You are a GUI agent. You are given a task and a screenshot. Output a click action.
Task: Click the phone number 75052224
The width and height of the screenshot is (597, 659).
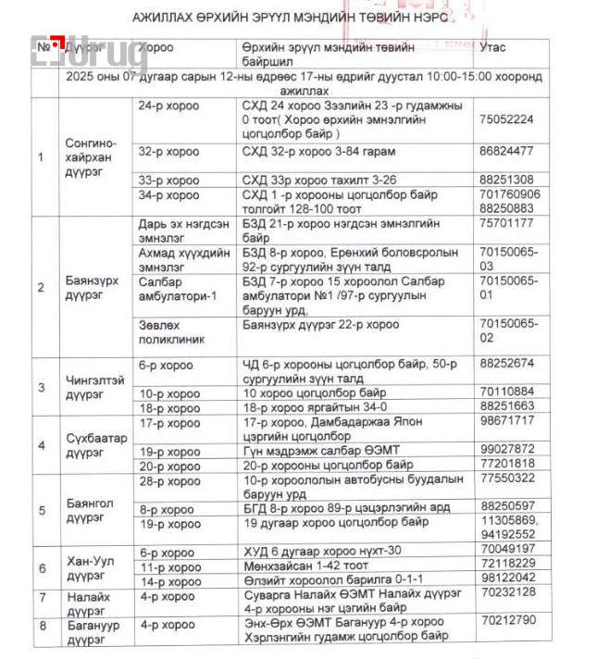coord(506,119)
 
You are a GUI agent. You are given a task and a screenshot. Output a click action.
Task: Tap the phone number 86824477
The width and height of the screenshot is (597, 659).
coord(506,150)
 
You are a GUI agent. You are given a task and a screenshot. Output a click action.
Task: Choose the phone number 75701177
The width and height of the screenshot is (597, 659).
coord(506,223)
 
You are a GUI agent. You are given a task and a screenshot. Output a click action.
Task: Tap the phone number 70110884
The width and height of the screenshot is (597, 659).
coord(506,392)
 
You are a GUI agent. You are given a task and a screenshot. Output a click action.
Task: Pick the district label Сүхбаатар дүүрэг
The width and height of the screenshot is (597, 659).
coord(96,445)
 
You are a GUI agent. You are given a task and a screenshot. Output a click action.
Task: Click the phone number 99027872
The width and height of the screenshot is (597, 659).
coord(506,450)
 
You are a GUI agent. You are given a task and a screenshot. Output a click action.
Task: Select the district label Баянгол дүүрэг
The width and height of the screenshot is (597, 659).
coord(90,510)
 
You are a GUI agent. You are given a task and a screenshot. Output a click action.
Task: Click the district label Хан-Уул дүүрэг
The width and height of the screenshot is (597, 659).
coord(91,567)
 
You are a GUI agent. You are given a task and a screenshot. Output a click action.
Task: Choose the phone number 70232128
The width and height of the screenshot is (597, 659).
coord(506,592)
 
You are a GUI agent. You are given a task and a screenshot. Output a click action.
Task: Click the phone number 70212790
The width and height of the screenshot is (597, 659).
coord(506,620)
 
